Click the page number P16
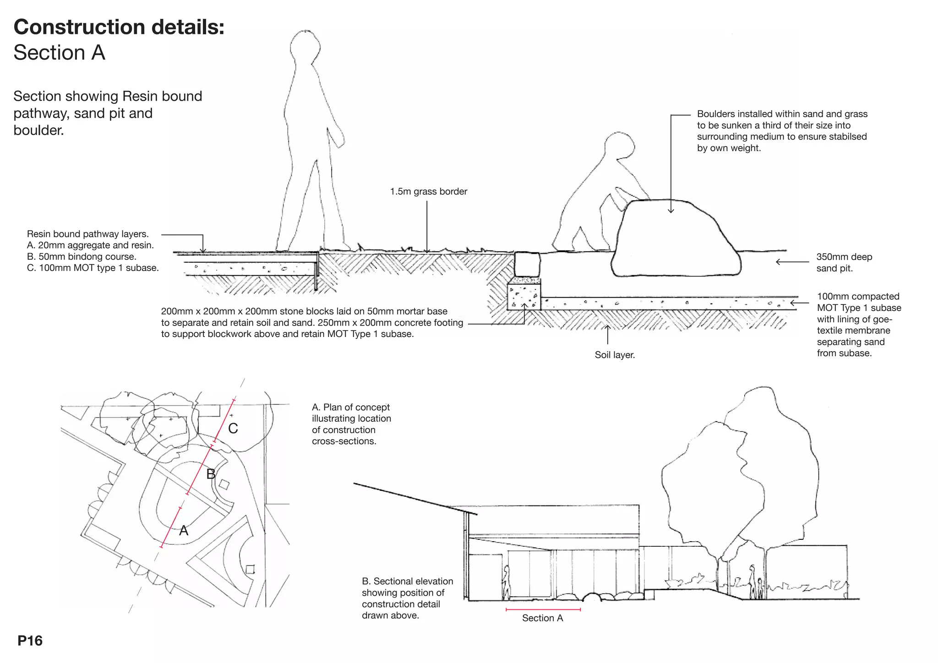tap(30, 641)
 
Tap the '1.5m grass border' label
tap(429, 191)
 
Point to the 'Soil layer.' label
tap(615, 355)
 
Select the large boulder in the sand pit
tap(676, 238)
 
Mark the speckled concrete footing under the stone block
tap(524, 297)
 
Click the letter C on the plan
tap(233, 429)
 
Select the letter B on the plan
tap(211, 474)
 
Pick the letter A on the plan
tap(184, 531)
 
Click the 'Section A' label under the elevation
tap(542, 618)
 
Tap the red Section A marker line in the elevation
tap(543, 609)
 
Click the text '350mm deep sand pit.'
tap(844, 262)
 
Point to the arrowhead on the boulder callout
tap(671, 211)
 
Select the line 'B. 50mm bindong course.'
tap(82, 256)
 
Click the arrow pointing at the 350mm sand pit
tap(792, 262)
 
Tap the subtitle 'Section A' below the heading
tap(60, 53)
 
